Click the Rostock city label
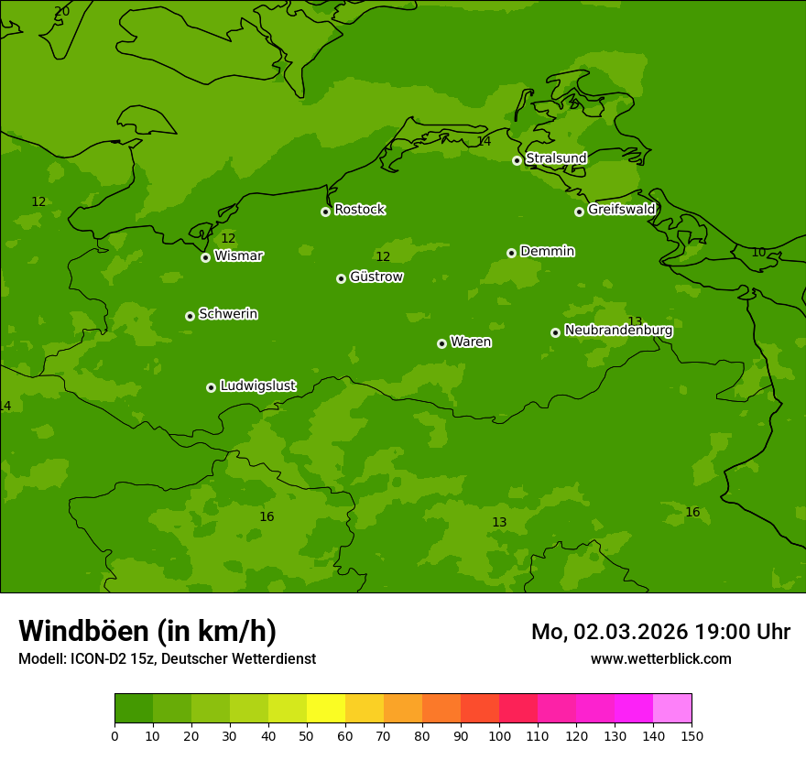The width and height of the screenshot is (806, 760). click(359, 210)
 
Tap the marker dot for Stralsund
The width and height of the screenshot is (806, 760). click(517, 160)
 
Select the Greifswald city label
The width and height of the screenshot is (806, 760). click(621, 210)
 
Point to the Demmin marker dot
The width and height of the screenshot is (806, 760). click(511, 253)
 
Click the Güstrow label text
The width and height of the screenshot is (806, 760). click(376, 277)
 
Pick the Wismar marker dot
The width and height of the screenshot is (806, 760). click(205, 257)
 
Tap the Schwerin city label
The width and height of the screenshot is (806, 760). click(227, 314)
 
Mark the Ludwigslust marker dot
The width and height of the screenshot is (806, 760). click(211, 387)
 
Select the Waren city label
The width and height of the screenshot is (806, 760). click(470, 342)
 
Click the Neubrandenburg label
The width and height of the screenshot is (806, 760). click(618, 331)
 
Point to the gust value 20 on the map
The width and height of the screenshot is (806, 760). click(61, 12)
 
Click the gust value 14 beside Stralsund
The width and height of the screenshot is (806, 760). click(484, 141)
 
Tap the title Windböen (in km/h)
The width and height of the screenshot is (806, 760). click(147, 631)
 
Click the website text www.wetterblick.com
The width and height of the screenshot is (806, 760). click(660, 658)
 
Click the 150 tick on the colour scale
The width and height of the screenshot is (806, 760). click(692, 735)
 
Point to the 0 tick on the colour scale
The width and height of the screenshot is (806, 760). click(114, 735)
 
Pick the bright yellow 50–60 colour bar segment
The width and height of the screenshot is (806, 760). click(326, 709)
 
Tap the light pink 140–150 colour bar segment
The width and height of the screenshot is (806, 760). click(672, 709)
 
